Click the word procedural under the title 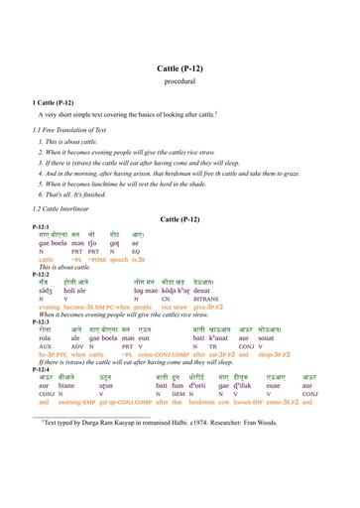point(180,82)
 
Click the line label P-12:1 point(44,226)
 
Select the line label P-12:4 point(44,371)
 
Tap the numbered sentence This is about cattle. point(79,142)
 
